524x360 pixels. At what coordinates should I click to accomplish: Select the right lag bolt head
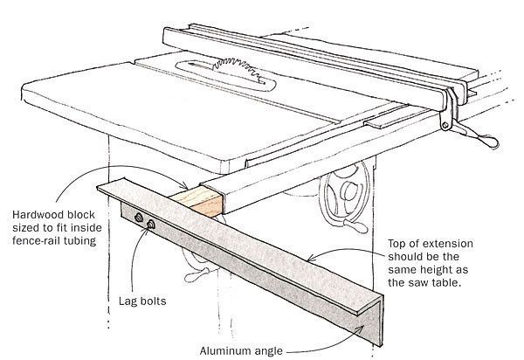pyautogui.click(x=153, y=225)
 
